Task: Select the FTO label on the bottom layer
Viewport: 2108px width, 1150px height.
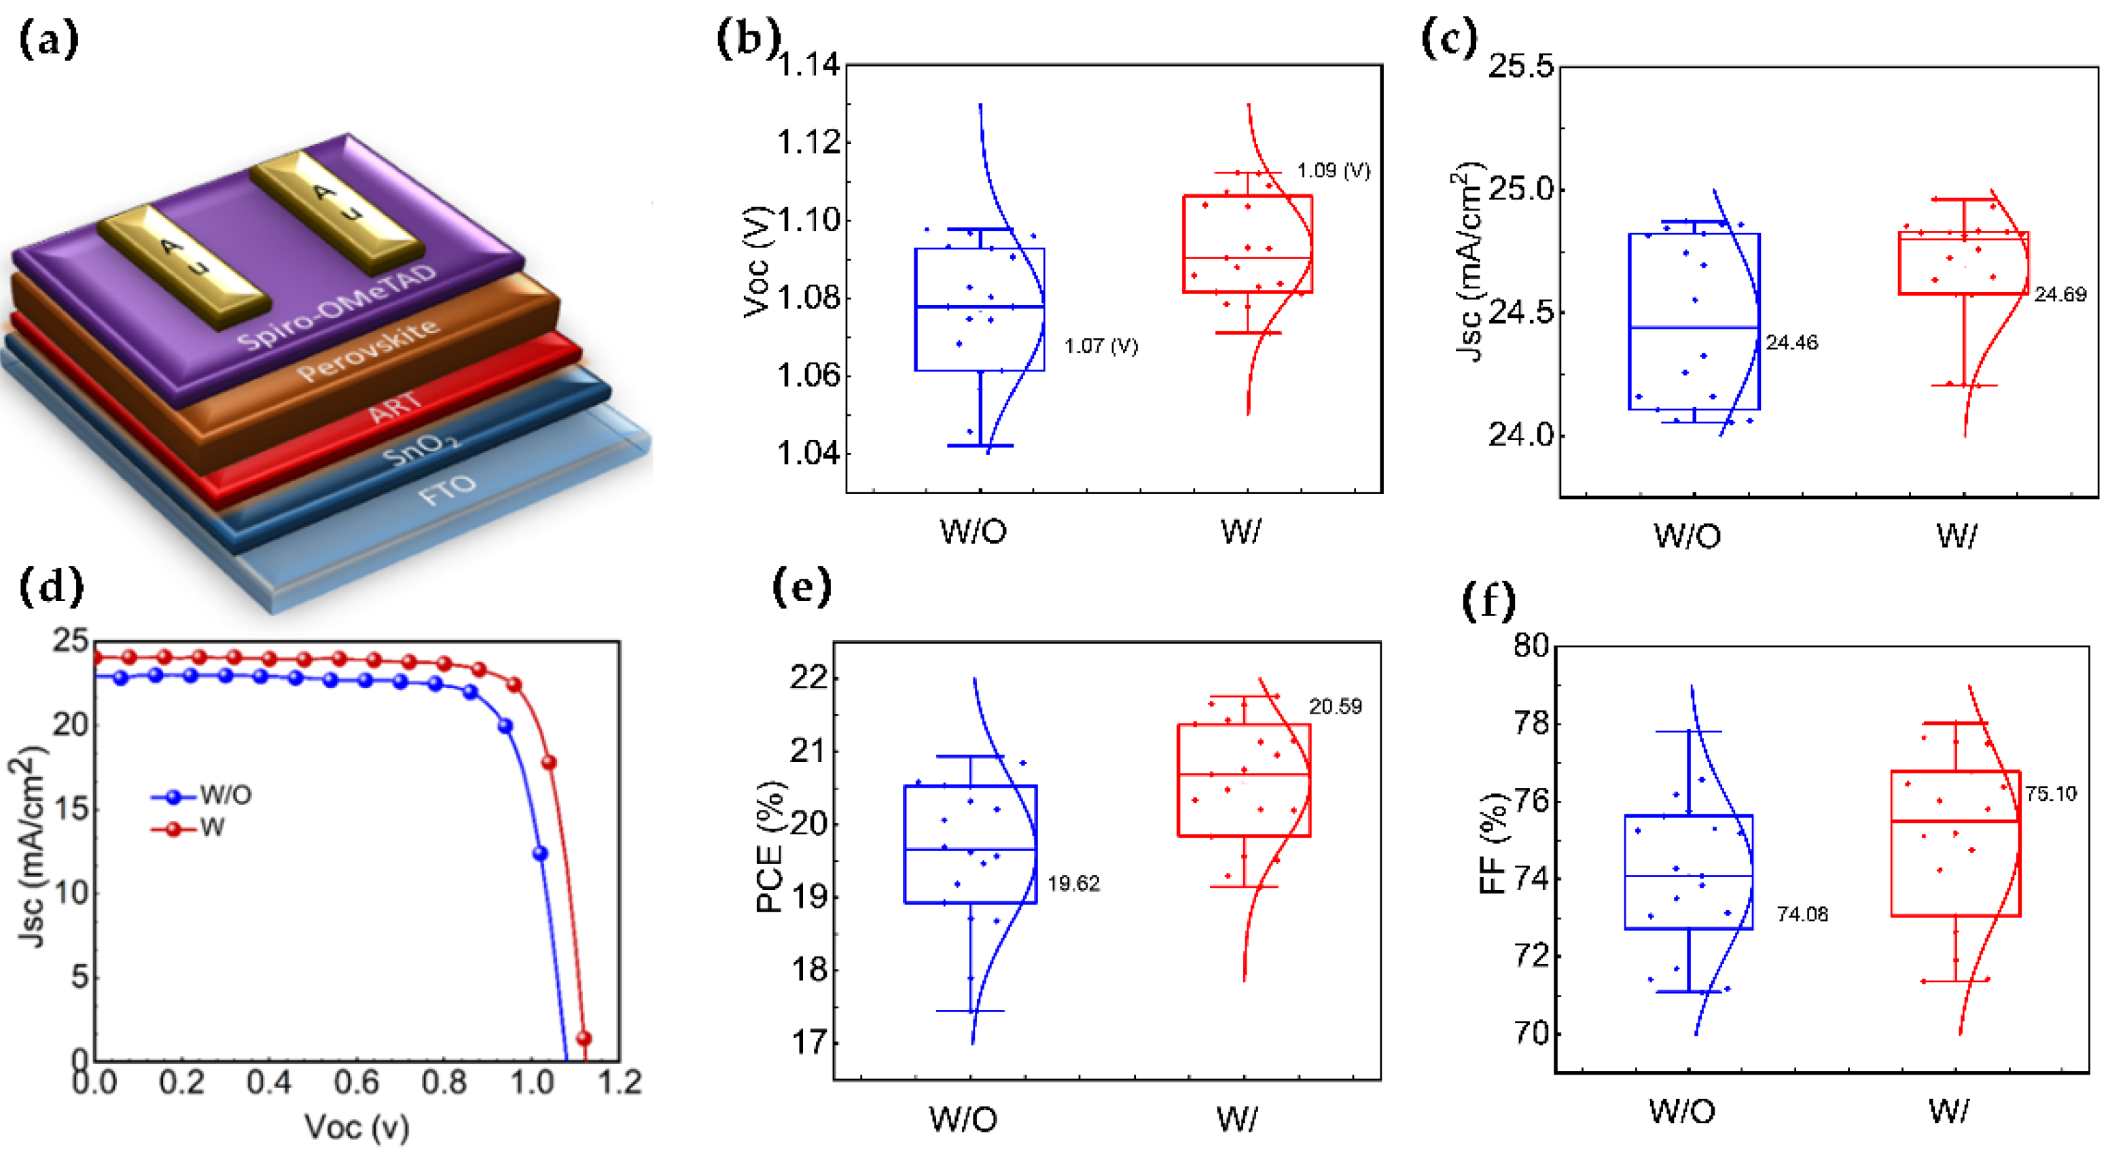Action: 447,490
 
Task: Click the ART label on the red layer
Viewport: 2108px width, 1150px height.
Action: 396,407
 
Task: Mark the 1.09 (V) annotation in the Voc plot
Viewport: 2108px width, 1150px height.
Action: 1333,170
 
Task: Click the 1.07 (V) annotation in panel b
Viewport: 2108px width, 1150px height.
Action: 1101,346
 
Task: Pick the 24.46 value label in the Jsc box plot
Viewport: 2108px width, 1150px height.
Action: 1791,343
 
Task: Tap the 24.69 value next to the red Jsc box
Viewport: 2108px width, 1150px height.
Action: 2060,295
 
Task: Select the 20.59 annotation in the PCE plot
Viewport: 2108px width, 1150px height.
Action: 1335,706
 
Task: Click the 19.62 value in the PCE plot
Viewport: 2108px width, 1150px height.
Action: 1073,883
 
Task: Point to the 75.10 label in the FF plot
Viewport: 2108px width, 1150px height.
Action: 2051,793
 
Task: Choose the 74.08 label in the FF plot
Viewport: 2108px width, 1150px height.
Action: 1802,914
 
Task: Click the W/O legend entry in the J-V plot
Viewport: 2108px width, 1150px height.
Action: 225,795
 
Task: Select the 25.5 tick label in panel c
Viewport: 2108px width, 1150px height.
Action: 1520,67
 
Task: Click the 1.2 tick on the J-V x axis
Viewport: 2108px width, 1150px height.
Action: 620,1083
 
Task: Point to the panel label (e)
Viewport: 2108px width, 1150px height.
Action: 801,587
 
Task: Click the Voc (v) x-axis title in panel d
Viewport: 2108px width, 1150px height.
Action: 357,1128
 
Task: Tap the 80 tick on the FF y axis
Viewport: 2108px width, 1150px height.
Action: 1531,646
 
